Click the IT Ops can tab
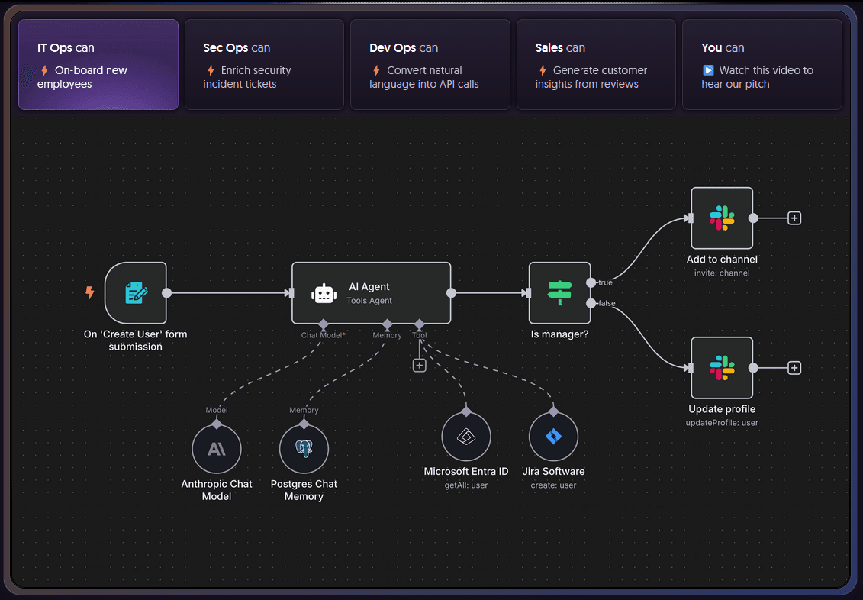98,65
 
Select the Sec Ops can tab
263,65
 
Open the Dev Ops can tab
430,65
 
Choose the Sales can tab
596,65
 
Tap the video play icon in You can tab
708,70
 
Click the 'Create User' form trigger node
136,293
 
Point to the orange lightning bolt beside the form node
90,292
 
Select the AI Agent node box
372,293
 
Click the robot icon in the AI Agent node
324,294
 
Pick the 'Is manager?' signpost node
559,293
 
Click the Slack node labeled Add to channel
722,218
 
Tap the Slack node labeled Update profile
722,368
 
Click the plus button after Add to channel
794,218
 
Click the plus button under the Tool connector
419,365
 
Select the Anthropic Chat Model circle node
217,450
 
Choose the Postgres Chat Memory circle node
304,450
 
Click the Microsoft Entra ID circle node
465,437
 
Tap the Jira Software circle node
553,437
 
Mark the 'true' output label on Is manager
605,282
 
